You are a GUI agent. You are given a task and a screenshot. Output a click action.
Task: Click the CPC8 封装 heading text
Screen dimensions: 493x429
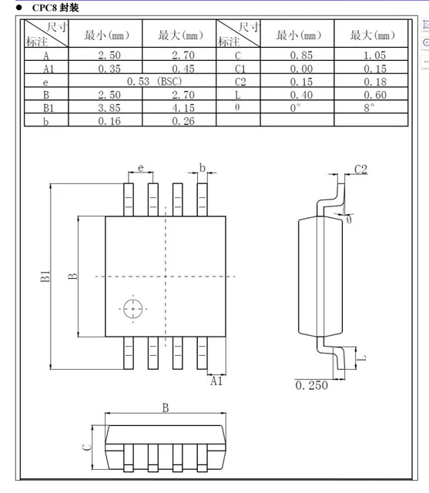55,8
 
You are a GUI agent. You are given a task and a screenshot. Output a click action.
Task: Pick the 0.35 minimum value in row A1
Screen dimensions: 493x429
106,69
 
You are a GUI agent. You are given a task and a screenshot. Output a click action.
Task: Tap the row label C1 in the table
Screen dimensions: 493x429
240,69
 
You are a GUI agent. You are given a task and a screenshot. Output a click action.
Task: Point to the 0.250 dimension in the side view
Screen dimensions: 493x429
312,385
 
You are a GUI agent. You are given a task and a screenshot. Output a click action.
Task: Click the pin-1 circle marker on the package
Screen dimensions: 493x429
133,308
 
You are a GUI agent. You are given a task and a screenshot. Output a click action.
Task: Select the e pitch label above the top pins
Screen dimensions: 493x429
141,167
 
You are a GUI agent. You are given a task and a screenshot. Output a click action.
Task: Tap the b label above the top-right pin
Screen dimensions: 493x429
203,167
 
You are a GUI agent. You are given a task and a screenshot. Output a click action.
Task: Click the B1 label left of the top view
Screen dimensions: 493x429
46,277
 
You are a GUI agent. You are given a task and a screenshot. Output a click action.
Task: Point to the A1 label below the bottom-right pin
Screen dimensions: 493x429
216,381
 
